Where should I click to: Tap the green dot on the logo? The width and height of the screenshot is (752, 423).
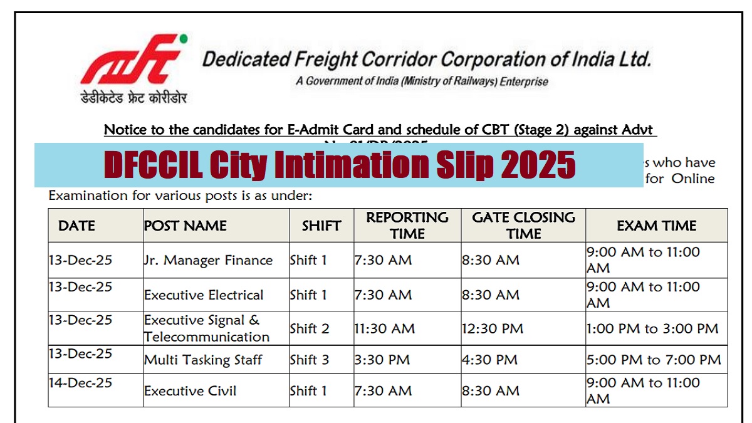183,39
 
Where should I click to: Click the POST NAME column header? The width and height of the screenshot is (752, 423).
185,226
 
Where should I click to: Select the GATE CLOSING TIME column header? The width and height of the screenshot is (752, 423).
523,226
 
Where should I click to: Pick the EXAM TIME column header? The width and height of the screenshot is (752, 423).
656,226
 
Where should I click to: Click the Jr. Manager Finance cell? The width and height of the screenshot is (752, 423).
209,260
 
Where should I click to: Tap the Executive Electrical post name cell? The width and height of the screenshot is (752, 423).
204,295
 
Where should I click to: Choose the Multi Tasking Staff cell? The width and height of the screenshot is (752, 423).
203,360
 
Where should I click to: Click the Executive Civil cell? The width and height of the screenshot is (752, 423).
191,391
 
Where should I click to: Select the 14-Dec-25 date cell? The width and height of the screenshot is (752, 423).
81,383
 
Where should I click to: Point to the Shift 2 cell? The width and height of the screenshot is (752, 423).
309,328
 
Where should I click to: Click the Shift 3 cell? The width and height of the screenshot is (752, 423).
309,360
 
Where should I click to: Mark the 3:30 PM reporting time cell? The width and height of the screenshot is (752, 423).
382,360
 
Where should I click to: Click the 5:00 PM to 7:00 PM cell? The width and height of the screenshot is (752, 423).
654,360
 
